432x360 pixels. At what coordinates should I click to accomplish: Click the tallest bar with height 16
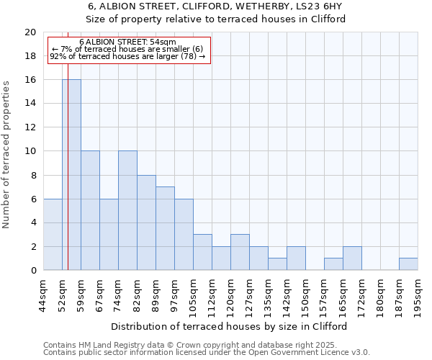pos(71,175)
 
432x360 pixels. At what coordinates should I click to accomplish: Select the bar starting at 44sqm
pos(53,235)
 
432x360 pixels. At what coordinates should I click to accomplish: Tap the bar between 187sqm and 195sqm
pos(408,264)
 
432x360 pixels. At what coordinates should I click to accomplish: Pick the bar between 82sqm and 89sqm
pos(146,222)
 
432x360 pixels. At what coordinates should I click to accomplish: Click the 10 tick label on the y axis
pos(30,151)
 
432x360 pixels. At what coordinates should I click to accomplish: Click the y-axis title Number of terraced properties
pos(6,155)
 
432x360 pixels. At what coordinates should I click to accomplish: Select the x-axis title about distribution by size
pos(230,326)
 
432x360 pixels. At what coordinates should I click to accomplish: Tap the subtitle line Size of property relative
pos(216,19)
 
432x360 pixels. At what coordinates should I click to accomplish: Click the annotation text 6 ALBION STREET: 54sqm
pos(127,42)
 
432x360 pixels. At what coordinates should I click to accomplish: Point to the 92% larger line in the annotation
pos(127,56)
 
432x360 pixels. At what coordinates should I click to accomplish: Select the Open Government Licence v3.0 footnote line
pos(207,352)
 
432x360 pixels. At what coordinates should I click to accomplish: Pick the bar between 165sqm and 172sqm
pos(352,258)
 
